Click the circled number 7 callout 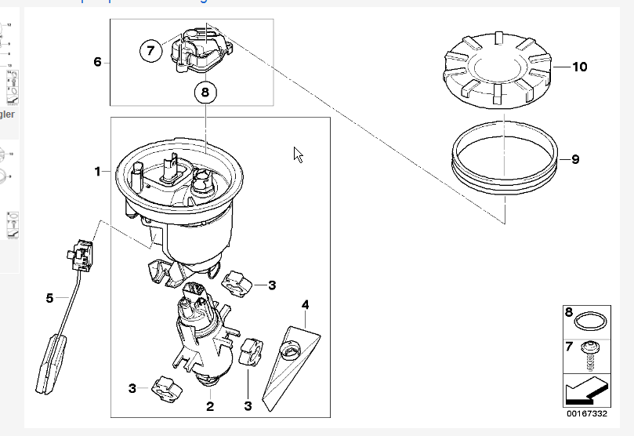[151, 51]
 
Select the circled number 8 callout [205, 92]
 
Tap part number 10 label [579, 67]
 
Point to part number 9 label [575, 159]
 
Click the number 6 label [98, 61]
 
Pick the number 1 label [98, 171]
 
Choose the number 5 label [49, 298]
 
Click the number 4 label [306, 303]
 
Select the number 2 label [209, 406]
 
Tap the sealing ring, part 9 [506, 162]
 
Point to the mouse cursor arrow [298, 154]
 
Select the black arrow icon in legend [586, 387]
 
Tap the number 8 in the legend [570, 311]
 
